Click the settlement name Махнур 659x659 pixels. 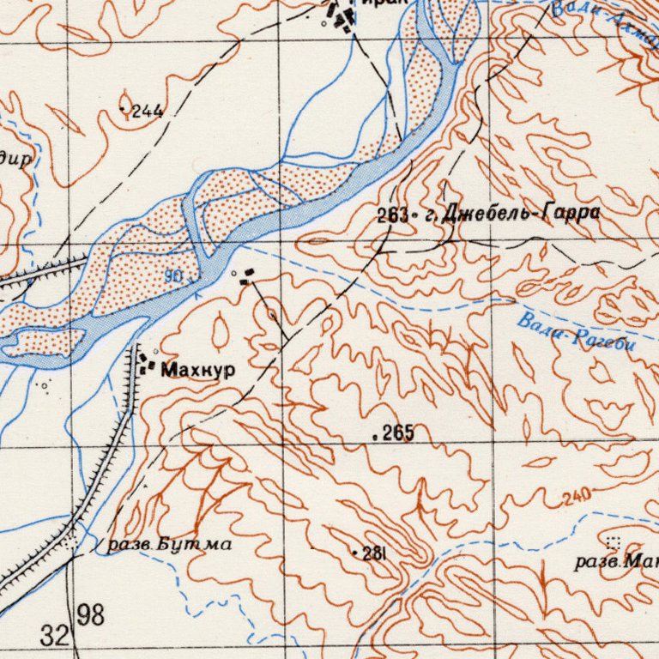pos(197,370)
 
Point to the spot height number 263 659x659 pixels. pos(392,216)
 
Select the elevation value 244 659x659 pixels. pos(148,111)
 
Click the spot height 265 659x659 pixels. pos(398,434)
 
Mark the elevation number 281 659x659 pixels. pos(373,553)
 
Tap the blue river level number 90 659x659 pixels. pos(174,276)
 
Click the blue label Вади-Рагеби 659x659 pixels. pos(576,333)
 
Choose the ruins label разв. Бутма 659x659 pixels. pos(168,544)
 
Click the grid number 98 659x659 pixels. pos(90,614)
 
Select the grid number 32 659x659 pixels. pos(53,636)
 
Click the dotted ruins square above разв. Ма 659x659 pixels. pos(613,541)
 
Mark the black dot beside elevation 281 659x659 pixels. pos(355,553)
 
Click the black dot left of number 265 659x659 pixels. pos(376,437)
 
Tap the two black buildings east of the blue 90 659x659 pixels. pos(246,275)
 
